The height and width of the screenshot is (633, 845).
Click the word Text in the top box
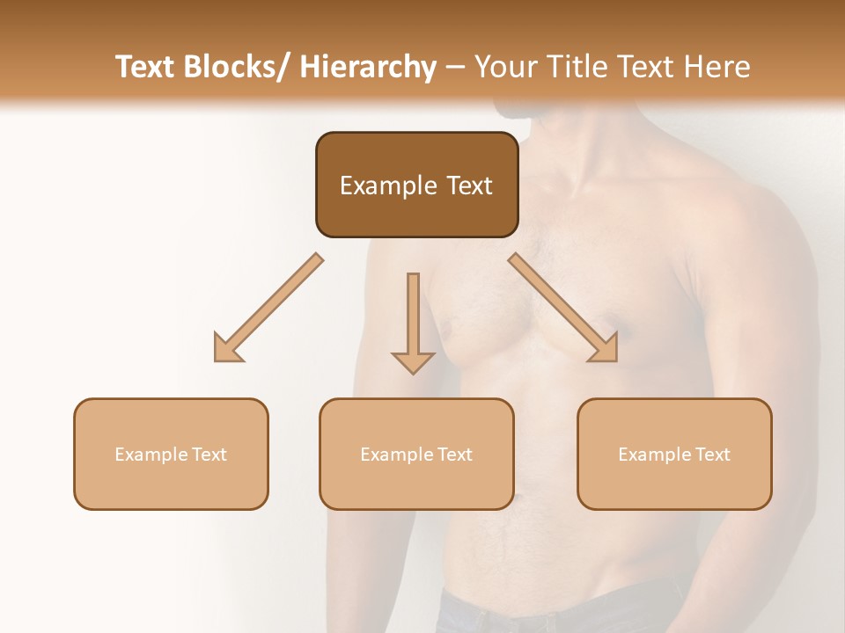pos(469,186)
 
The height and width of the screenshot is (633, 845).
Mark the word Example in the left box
pos(151,455)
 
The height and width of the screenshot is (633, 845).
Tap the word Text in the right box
pos(710,455)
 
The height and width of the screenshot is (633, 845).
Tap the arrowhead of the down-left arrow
pos(227,349)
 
